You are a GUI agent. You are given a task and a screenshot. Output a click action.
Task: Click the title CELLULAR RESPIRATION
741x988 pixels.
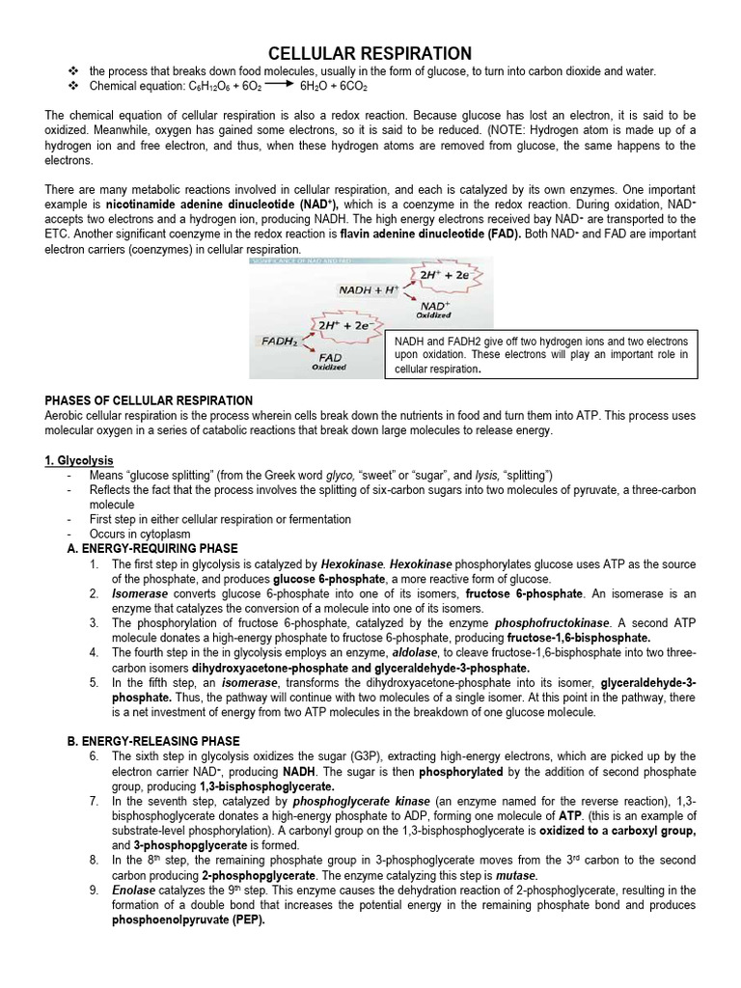click(x=370, y=52)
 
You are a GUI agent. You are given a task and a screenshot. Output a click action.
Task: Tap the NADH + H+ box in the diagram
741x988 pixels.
click(x=369, y=289)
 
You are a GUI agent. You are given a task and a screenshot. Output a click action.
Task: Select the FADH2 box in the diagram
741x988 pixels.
click(x=280, y=341)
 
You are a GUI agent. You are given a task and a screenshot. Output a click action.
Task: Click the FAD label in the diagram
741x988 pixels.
click(x=329, y=356)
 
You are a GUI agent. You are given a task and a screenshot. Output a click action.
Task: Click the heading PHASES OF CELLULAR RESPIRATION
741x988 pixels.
click(x=150, y=400)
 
